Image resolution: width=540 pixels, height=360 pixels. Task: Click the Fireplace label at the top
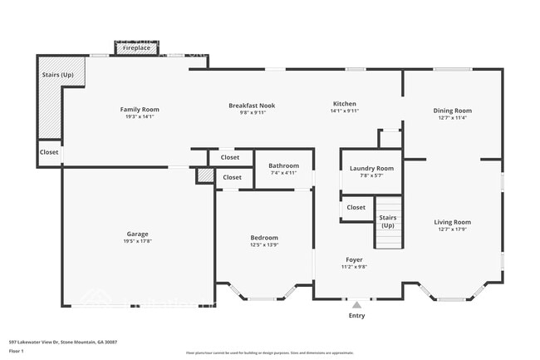coord(137,49)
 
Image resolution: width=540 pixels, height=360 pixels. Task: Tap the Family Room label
coord(140,110)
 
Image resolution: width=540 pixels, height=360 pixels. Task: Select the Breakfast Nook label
coord(252,106)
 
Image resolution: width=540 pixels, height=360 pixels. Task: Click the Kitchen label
coord(345,104)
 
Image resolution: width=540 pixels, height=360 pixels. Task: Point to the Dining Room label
coord(452,111)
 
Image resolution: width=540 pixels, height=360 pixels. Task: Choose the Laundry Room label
coord(371,168)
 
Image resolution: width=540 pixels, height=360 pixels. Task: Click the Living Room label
coord(452,222)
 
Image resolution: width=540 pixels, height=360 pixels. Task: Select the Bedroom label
coord(265,237)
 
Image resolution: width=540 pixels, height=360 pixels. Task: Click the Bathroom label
coord(283,165)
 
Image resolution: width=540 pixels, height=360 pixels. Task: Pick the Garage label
coord(137,234)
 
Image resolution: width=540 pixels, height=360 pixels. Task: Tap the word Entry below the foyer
coord(356,316)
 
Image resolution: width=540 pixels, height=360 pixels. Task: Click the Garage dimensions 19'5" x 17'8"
coord(137,241)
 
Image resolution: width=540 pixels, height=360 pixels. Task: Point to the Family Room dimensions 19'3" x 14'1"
coord(140,117)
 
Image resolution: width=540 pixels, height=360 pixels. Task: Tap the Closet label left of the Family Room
coord(49,152)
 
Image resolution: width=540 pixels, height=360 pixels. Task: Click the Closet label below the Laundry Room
coord(356,207)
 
